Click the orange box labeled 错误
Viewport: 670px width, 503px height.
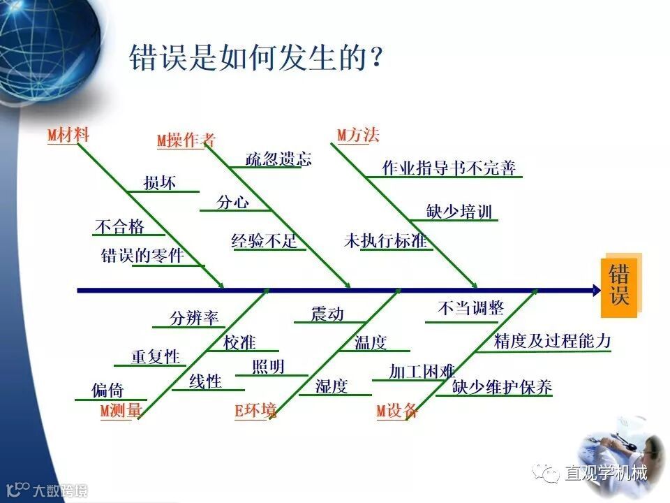(x=619, y=286)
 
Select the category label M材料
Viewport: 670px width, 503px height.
(x=68, y=136)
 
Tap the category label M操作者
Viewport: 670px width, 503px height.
(x=186, y=140)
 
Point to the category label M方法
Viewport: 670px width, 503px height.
(x=358, y=136)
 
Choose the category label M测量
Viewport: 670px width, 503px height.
(x=121, y=411)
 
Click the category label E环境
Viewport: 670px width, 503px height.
(x=255, y=411)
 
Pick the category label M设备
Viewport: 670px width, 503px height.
(x=397, y=411)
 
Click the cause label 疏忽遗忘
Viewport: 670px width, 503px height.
(x=278, y=159)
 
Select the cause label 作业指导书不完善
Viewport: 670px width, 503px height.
(x=449, y=168)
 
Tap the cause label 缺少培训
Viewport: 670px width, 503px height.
(x=459, y=212)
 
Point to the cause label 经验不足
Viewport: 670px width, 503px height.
(x=265, y=242)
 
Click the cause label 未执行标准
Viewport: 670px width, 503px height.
(x=385, y=242)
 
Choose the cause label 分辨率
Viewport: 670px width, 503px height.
(x=194, y=319)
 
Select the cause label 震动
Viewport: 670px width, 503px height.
(x=327, y=314)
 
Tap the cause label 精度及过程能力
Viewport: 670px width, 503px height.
(x=552, y=341)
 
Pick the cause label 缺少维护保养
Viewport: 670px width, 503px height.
(x=502, y=387)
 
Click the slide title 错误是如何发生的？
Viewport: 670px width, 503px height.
(x=256, y=59)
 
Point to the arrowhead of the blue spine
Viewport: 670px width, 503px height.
(x=596, y=290)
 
